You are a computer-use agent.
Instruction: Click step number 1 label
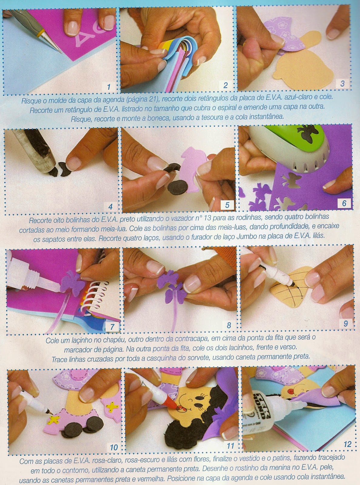point(109,87)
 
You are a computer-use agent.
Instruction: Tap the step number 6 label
point(344,203)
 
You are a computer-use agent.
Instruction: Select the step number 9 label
point(346,323)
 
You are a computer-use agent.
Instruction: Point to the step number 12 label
point(347,444)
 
